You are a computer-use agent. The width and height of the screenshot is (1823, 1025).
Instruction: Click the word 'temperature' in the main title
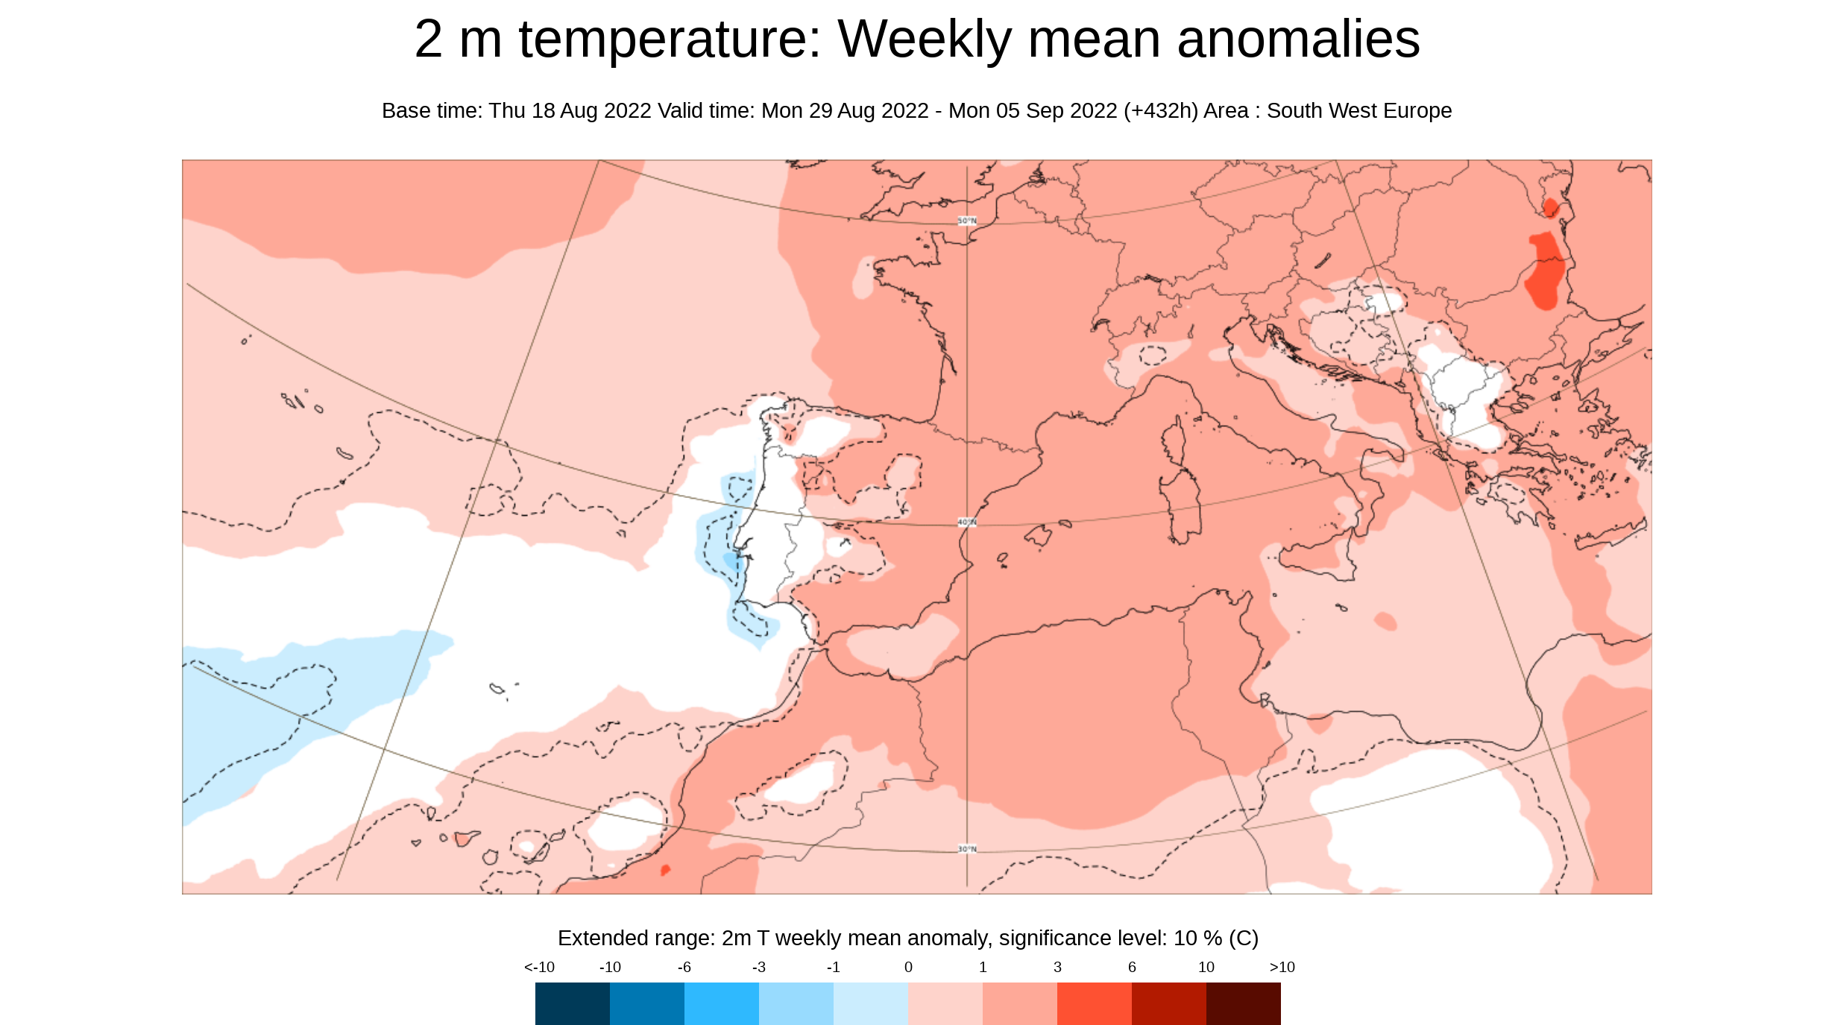point(669,39)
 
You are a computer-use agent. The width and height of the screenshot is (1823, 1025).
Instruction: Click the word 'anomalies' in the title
point(1298,39)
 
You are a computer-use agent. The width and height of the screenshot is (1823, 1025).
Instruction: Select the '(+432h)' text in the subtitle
point(1161,110)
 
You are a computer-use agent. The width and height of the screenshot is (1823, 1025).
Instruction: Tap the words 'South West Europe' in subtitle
point(1358,110)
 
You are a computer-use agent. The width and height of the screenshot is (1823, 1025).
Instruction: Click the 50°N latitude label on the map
point(967,221)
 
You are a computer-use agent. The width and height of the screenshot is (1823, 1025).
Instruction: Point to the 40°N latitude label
point(967,523)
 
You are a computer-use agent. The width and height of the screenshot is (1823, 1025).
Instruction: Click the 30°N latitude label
point(967,849)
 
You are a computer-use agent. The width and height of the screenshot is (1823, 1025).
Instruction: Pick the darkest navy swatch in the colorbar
point(572,1003)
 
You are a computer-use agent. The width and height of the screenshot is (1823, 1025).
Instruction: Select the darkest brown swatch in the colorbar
point(1243,1003)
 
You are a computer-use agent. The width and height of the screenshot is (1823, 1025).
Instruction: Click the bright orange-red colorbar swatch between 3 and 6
point(1094,1003)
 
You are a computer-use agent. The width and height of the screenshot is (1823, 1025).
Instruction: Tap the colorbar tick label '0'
point(908,967)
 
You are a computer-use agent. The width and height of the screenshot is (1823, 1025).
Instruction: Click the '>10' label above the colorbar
point(1282,967)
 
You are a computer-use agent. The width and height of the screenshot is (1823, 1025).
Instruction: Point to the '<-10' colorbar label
point(539,967)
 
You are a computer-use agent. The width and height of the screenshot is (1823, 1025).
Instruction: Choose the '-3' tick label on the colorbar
point(759,967)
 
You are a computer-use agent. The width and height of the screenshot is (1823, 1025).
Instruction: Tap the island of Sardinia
point(1181,507)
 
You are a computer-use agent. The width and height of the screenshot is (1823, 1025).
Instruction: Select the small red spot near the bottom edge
point(665,869)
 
